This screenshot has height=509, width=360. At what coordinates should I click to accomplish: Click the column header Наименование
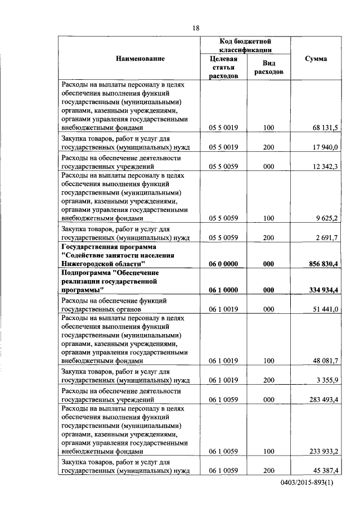(x=141, y=58)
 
